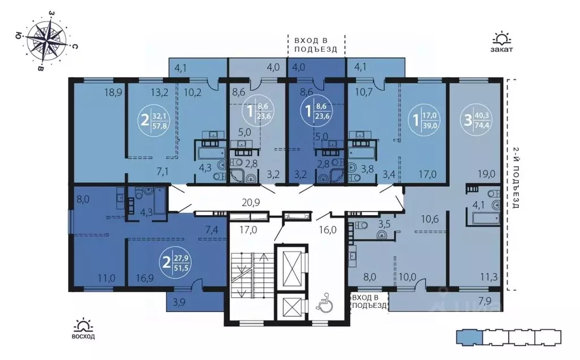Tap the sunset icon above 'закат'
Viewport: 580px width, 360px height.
click(x=502, y=39)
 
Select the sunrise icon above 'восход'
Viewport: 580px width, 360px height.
click(x=83, y=325)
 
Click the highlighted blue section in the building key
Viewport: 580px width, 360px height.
click(x=469, y=336)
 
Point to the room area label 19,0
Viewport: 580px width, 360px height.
click(x=487, y=174)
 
